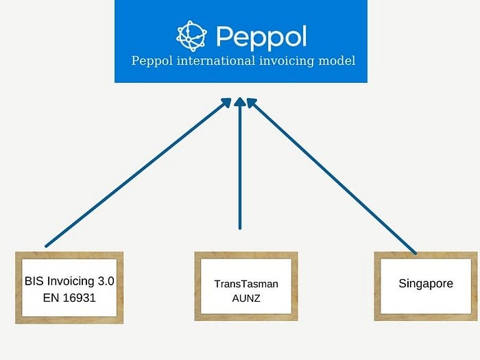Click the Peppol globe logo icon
click(x=191, y=35)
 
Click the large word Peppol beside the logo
click(x=261, y=36)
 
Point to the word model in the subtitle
click(x=337, y=61)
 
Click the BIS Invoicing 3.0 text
click(x=69, y=280)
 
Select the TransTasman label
click(x=246, y=283)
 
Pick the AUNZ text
click(x=246, y=298)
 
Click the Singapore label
click(x=425, y=283)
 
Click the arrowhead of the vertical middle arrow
click(x=240, y=103)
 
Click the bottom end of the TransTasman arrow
click(x=240, y=227)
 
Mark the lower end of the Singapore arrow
click(x=415, y=252)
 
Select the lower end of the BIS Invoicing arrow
click(x=47, y=245)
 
